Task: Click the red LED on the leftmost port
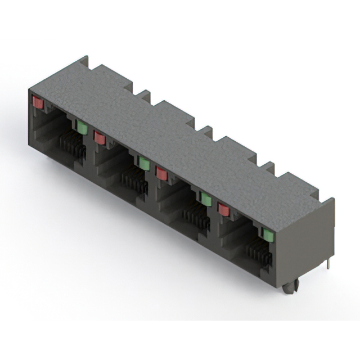coord(38,103)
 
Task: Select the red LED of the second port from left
coord(100,137)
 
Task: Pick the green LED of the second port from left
coord(144,163)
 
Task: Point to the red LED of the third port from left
coord(162,173)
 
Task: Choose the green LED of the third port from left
coord(206,199)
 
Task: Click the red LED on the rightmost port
coord(224,209)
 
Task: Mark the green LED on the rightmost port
coord(268,235)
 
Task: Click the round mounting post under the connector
coord(289,287)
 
